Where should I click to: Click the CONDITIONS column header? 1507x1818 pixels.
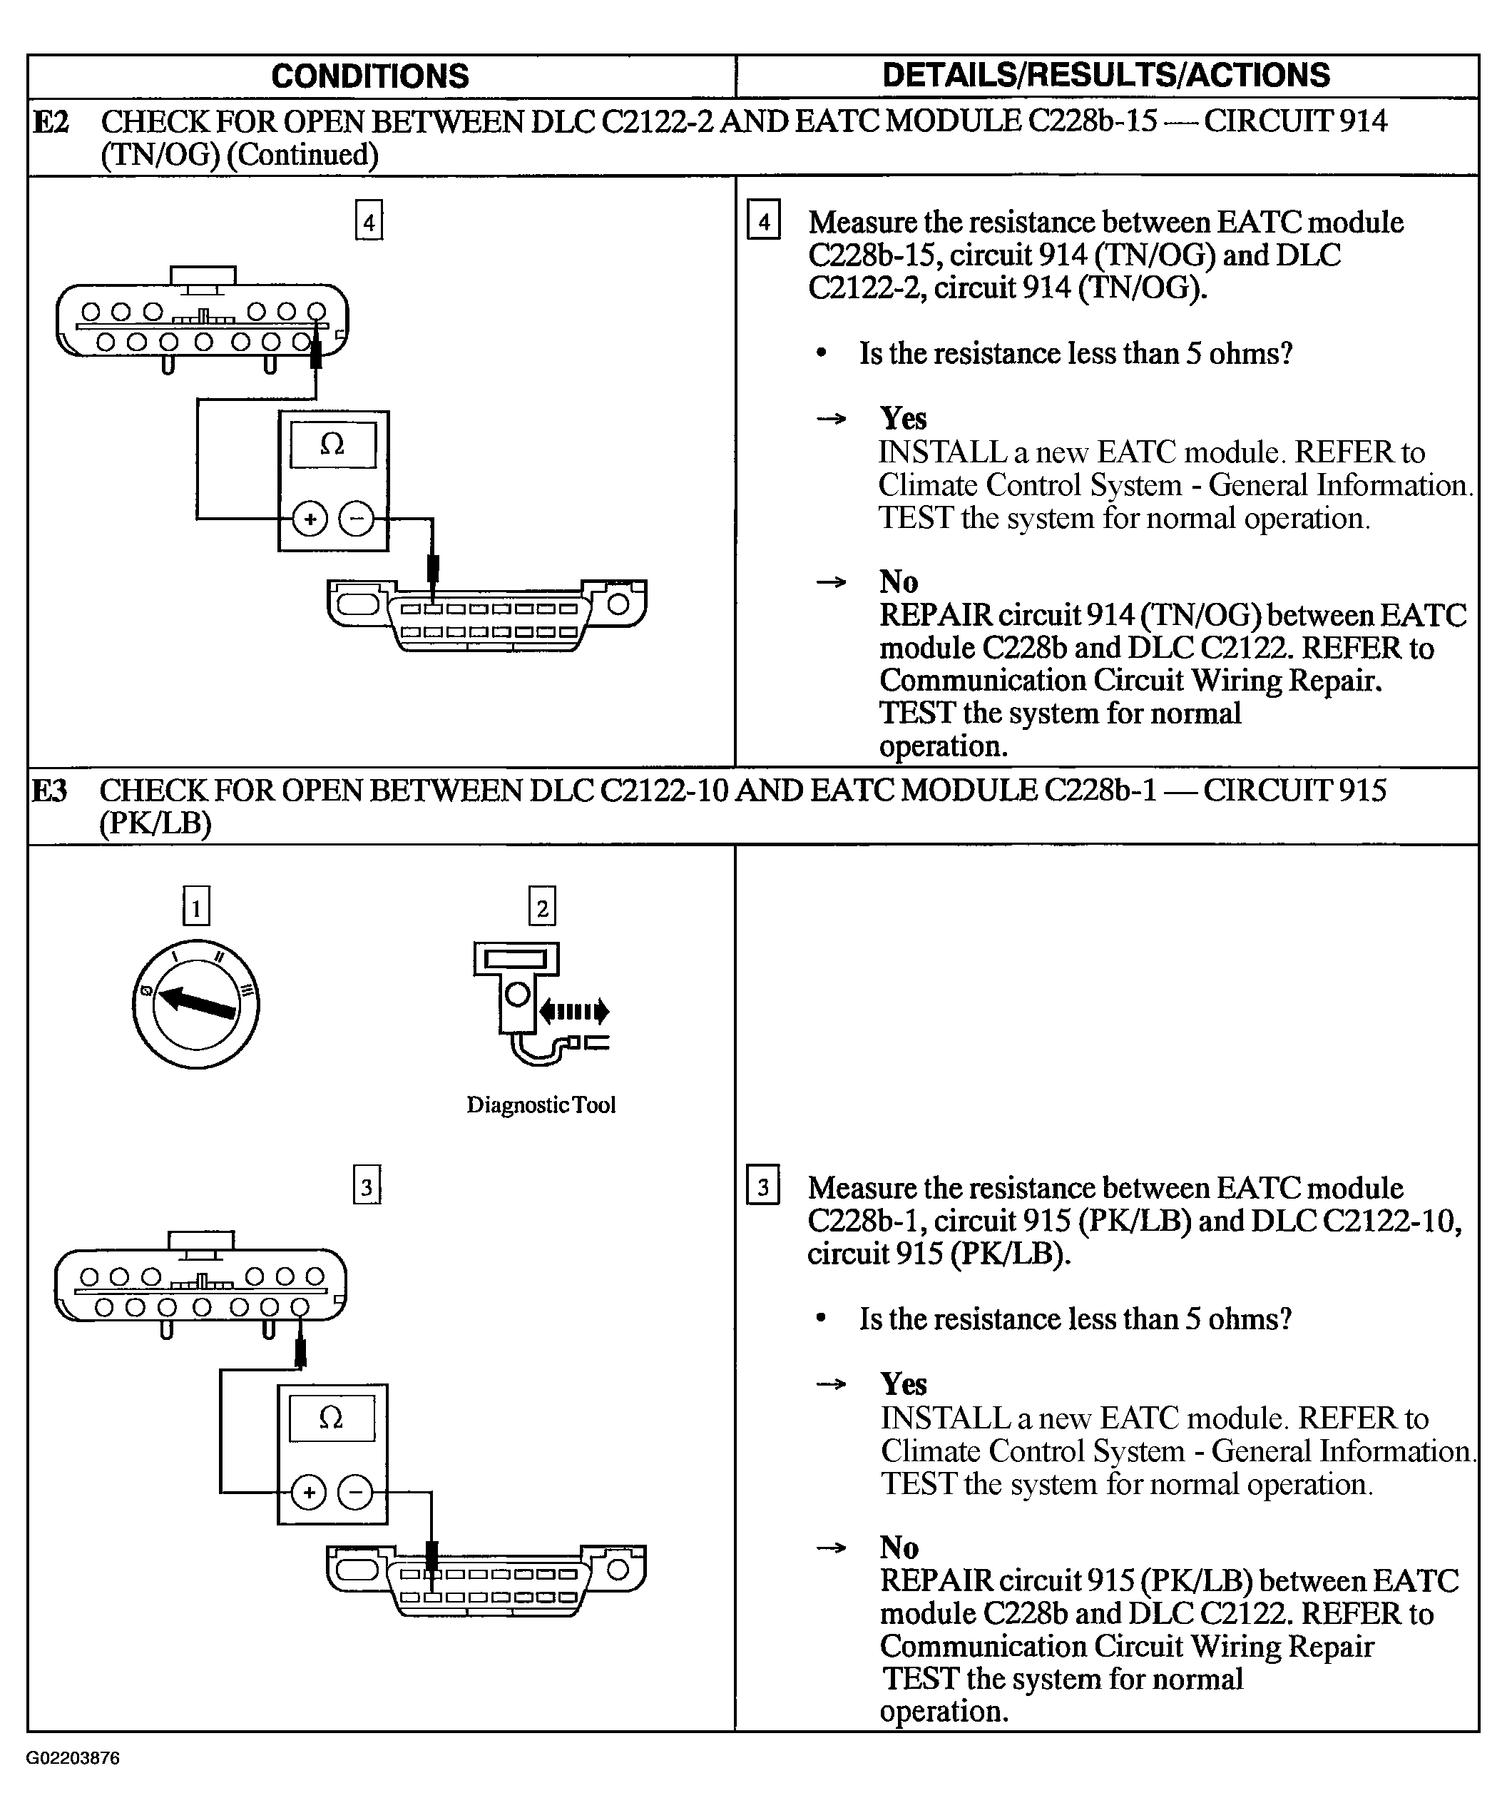tap(369, 76)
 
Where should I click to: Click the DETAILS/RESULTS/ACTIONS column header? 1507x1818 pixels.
tap(1105, 76)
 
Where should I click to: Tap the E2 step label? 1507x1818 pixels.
tap(50, 122)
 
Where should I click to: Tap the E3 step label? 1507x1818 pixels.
tap(49, 791)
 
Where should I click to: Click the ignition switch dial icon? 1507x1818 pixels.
tap(195, 1004)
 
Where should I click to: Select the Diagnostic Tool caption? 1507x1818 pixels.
tap(541, 1104)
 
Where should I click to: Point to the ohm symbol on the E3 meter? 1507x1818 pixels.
tap(331, 1418)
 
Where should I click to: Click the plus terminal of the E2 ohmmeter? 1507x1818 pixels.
tap(309, 519)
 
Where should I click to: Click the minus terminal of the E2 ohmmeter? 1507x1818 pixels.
tap(356, 519)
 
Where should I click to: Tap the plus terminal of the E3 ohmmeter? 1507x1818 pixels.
tap(308, 1493)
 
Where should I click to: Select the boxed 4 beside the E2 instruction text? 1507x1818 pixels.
tap(763, 222)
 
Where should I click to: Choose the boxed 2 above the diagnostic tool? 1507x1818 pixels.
tap(542, 908)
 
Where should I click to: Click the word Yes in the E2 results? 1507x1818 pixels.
tap(903, 418)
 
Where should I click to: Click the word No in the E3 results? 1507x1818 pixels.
tap(899, 1547)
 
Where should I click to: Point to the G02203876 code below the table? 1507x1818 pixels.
tap(73, 1758)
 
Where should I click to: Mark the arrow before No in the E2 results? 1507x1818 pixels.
tap(831, 582)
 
